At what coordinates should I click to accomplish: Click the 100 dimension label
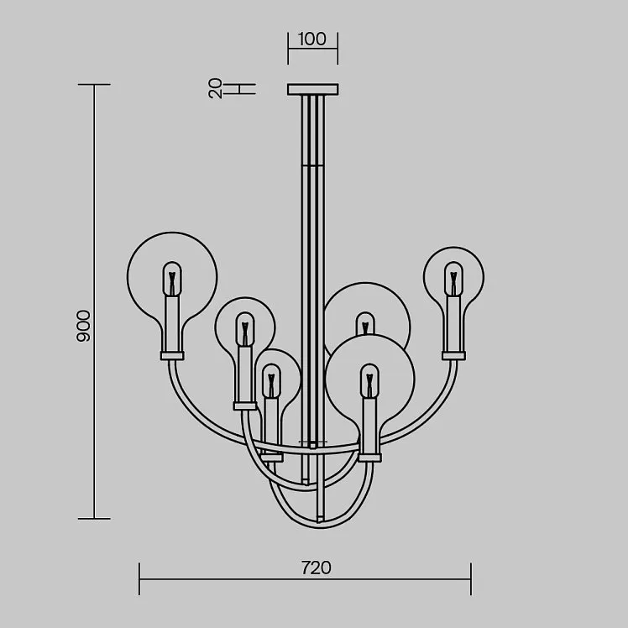click(x=312, y=39)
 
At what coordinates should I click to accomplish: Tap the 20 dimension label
click(x=216, y=88)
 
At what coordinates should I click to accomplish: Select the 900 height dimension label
click(x=83, y=326)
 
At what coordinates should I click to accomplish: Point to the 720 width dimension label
click(x=316, y=568)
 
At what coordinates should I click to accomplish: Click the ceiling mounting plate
click(x=313, y=89)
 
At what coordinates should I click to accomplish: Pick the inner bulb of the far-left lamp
click(x=172, y=279)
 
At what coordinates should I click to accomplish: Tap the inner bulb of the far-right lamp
click(x=453, y=279)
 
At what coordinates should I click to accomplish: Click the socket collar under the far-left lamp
click(x=172, y=356)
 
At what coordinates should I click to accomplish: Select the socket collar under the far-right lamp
click(x=453, y=356)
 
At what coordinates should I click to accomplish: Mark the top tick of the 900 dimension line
click(x=94, y=85)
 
